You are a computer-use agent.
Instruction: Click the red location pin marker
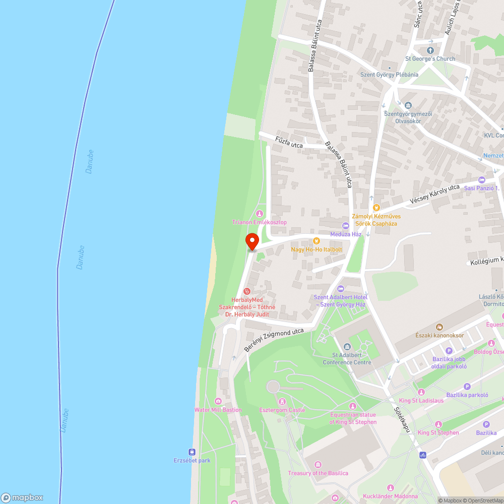(x=252, y=242)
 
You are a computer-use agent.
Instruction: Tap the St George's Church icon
(x=430, y=50)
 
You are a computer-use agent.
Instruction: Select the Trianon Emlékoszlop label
(x=260, y=222)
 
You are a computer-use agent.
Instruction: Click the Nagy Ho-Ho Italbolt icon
(x=317, y=241)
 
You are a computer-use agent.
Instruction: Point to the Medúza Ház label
(x=346, y=234)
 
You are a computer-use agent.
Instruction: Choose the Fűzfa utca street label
(x=289, y=142)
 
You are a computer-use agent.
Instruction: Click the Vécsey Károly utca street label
(x=434, y=194)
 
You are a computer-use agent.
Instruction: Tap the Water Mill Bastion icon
(x=218, y=401)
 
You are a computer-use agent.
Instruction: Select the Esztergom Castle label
(x=282, y=410)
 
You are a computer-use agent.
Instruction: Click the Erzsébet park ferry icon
(x=192, y=452)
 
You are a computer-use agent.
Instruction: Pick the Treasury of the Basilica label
(x=318, y=473)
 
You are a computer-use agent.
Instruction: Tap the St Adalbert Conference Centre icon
(x=347, y=346)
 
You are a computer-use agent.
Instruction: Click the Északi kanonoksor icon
(x=439, y=327)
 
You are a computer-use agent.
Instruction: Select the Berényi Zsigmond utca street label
(x=274, y=340)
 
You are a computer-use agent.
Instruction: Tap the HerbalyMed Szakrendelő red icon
(x=247, y=291)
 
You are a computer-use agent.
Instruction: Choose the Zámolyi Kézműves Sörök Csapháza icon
(x=375, y=207)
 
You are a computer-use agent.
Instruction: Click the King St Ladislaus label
(x=421, y=401)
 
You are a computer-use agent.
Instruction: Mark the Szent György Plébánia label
(x=389, y=75)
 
